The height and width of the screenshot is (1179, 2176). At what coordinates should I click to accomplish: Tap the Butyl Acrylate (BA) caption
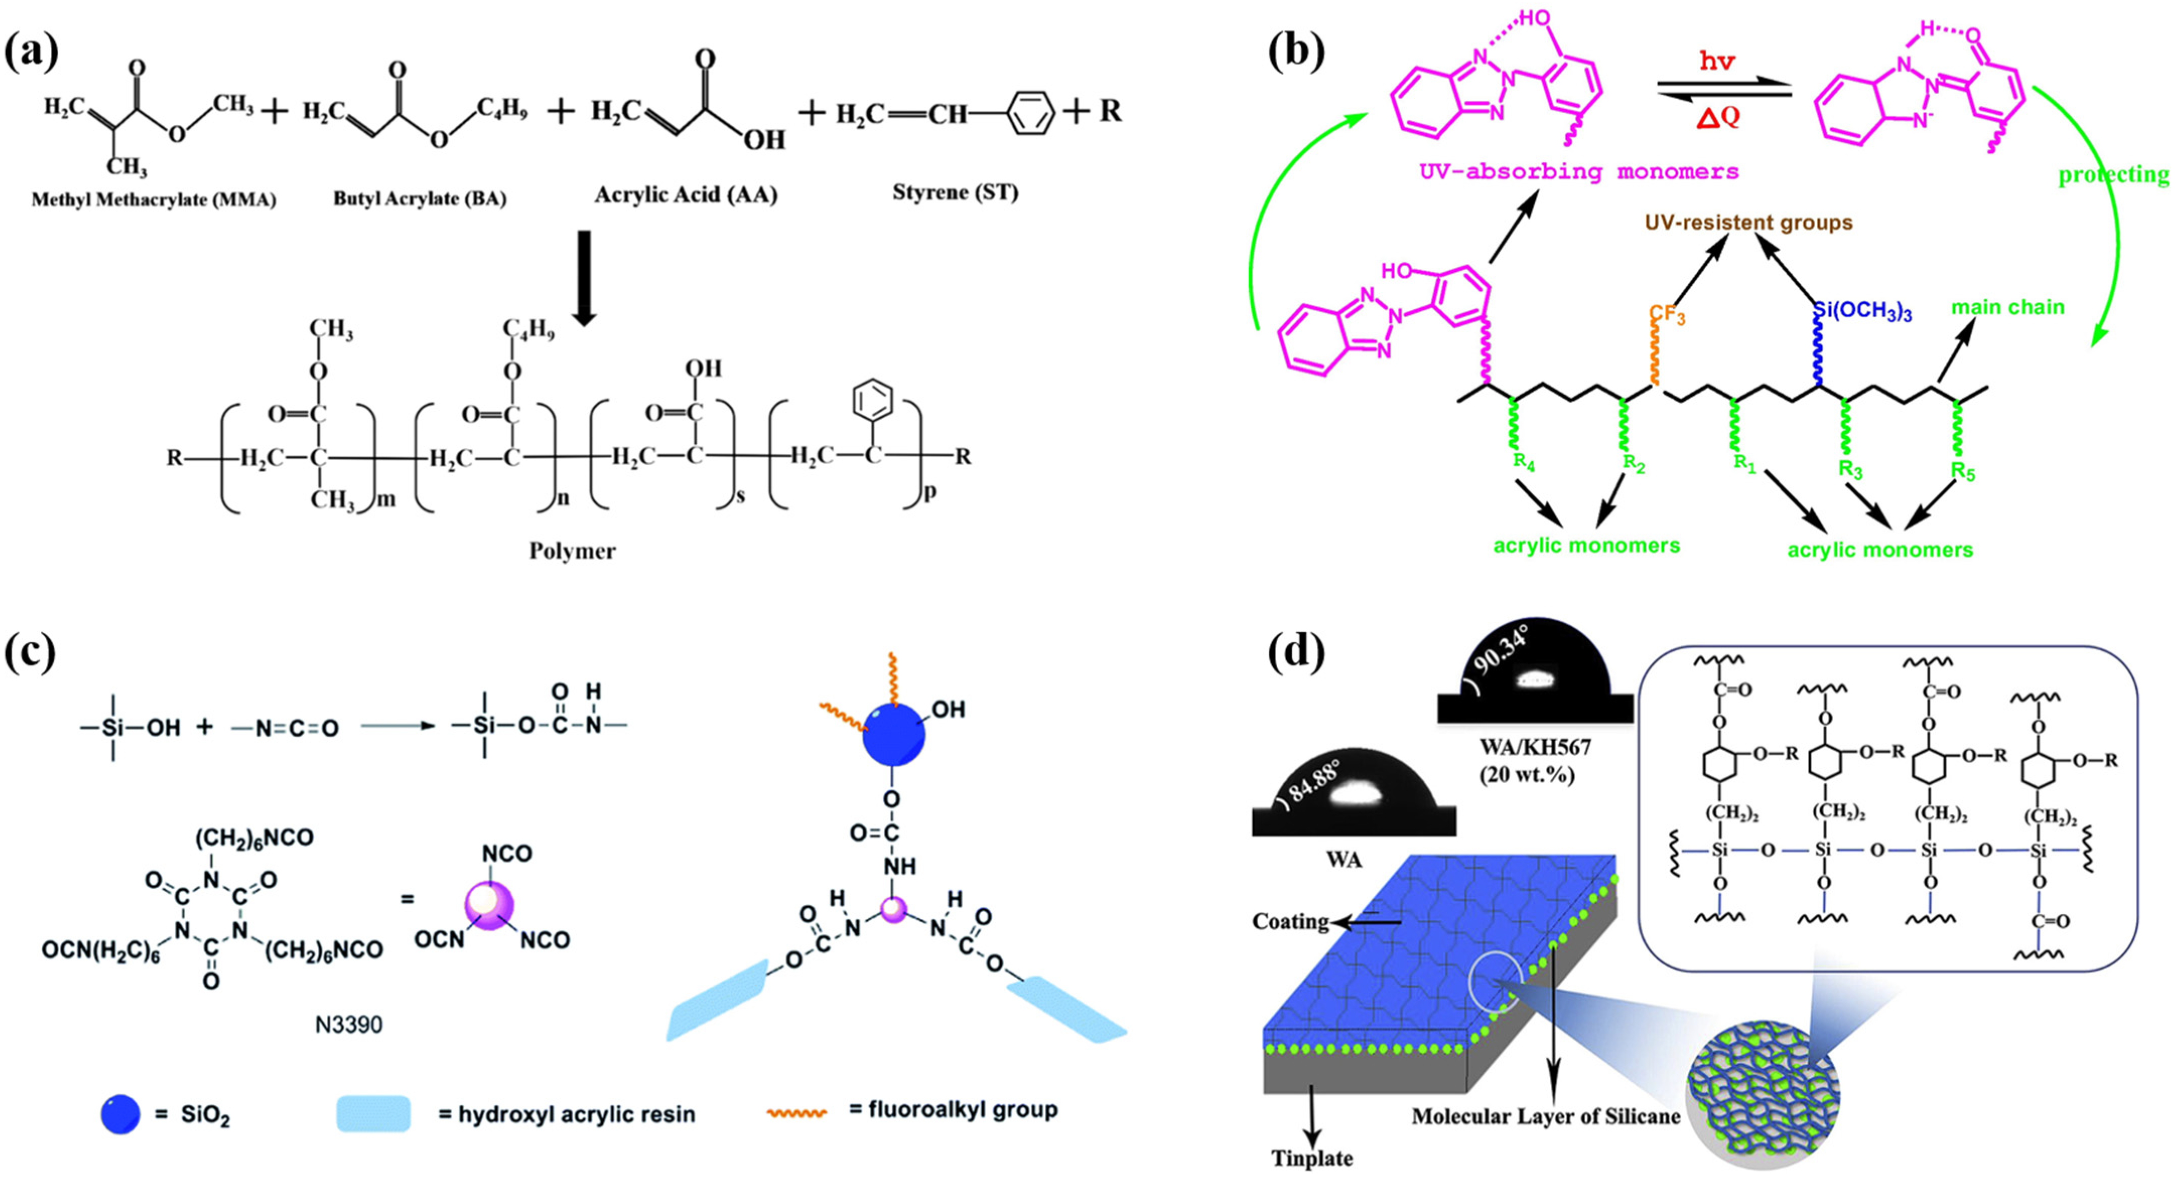[x=420, y=198]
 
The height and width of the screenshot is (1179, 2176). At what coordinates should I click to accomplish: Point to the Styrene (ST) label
[x=955, y=193]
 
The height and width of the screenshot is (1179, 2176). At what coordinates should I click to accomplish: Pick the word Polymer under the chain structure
[x=572, y=551]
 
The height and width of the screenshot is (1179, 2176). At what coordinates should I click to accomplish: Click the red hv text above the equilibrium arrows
[x=1717, y=61]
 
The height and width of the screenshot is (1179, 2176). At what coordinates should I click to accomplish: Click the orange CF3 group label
[x=1667, y=315]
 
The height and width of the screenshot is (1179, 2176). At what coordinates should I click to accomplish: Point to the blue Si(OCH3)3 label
[x=1863, y=312]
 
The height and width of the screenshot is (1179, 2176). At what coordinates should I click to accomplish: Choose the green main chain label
[x=2007, y=308]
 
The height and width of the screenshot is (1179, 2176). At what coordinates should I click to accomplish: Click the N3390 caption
[x=349, y=1024]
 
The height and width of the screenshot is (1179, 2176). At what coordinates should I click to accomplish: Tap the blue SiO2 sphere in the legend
[x=121, y=1115]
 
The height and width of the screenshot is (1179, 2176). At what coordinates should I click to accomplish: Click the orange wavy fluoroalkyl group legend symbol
[x=797, y=1112]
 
